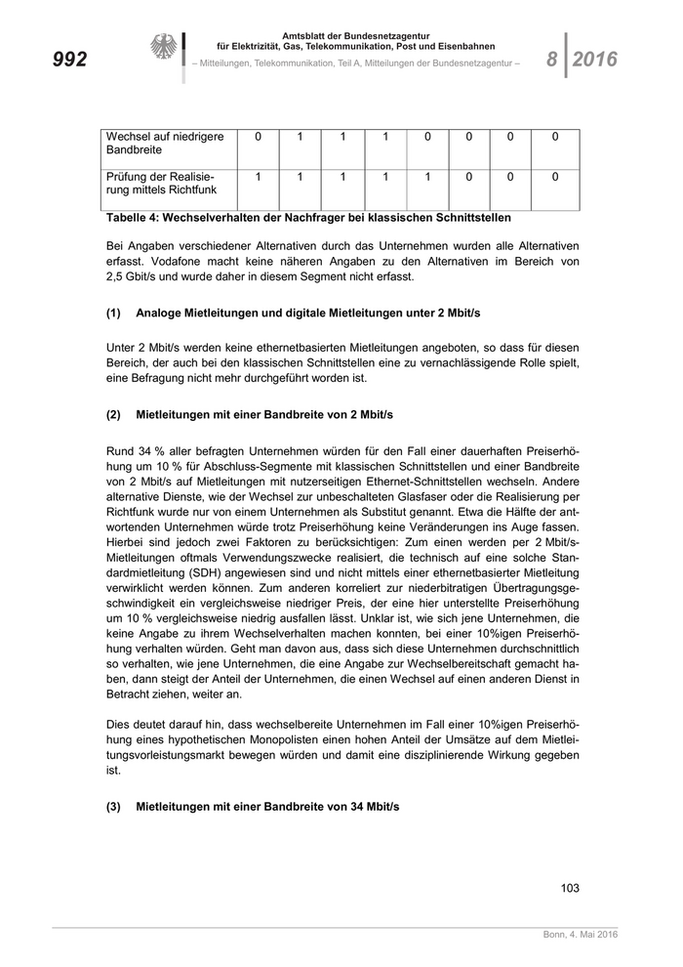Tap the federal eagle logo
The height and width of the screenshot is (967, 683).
[x=162, y=48]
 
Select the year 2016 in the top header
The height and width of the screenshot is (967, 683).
[x=595, y=60]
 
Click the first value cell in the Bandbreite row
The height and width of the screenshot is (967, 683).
[x=258, y=138]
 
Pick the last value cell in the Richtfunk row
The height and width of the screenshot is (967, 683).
[x=555, y=177]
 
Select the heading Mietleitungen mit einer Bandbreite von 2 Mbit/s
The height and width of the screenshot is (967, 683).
[x=264, y=414]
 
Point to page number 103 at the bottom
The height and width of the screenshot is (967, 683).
[x=570, y=887]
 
